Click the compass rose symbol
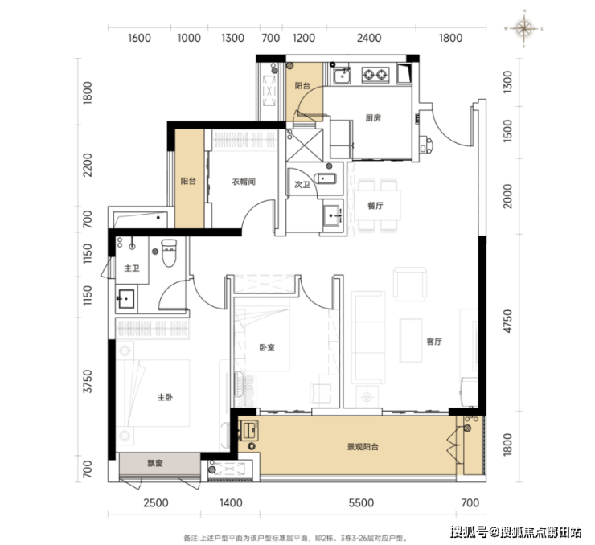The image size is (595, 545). [523, 28]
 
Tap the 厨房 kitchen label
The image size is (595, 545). [373, 118]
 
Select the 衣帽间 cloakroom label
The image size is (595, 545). [244, 182]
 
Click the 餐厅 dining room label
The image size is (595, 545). [375, 206]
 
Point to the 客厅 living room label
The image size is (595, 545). [434, 342]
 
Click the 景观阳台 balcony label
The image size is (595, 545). [363, 447]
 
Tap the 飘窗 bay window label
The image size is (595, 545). [155, 463]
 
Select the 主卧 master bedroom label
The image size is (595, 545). [165, 397]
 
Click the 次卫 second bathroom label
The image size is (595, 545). [302, 185]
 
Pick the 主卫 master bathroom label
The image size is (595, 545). [132, 268]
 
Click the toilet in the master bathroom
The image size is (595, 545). [169, 252]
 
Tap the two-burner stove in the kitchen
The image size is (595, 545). [375, 75]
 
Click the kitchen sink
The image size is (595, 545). [342, 75]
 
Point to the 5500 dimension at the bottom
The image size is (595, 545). [361, 503]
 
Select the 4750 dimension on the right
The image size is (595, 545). [507, 322]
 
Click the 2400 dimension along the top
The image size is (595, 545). [369, 38]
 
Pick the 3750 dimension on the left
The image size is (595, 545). [88, 381]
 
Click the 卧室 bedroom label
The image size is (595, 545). [267, 347]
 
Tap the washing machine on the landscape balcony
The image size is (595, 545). [248, 431]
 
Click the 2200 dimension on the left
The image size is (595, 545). [88, 165]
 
